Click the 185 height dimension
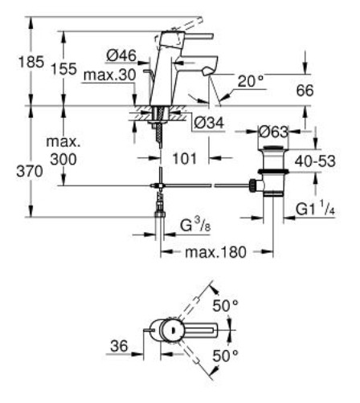pos(31,62)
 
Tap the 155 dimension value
pos(63,69)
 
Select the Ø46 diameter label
pos(121,55)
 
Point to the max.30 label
pos(110,75)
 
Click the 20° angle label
pos(251,81)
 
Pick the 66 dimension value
pos(305,90)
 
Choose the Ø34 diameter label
pos(209,123)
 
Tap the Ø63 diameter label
pos(273,132)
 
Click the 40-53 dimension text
pos(315,161)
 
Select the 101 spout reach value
pos(185,158)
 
